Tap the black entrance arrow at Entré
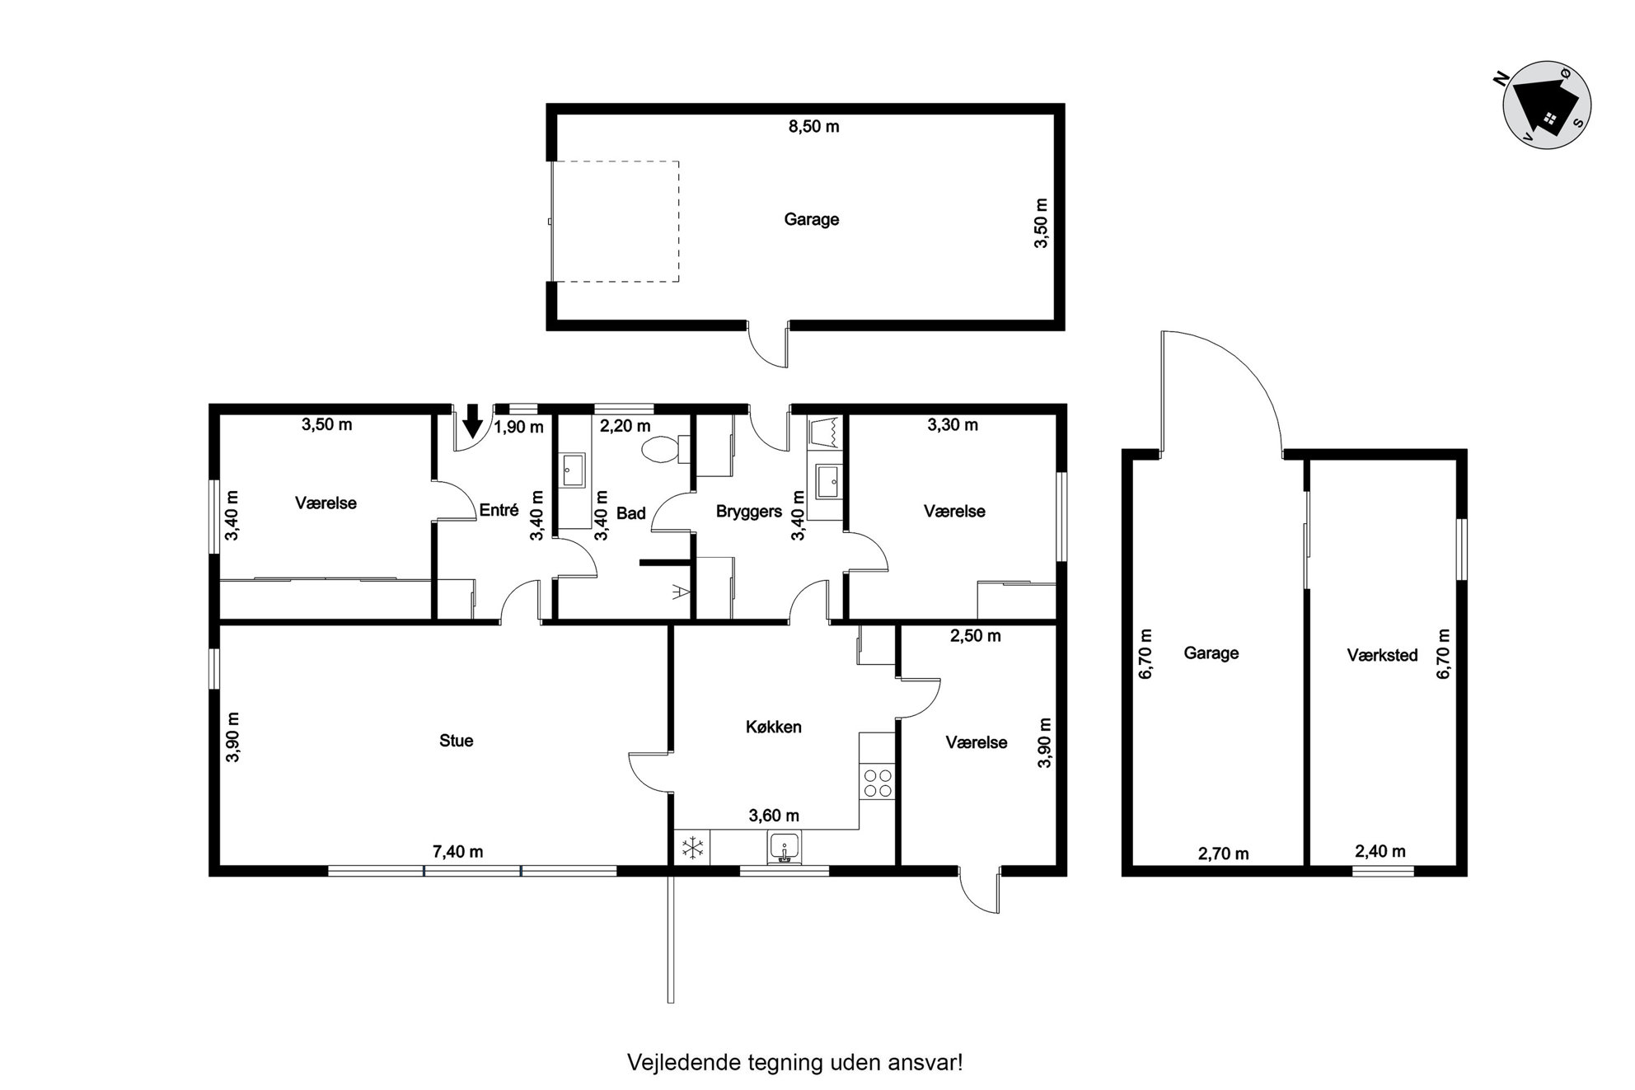pos(472,421)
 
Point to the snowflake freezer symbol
pos(692,848)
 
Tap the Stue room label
pos(456,741)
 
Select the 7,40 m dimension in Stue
pos(457,852)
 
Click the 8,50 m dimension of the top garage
pos(813,126)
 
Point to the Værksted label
pos(1382,655)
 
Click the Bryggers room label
pos(748,512)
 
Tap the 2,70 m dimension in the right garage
pos(1223,854)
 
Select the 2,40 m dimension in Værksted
pos(1380,851)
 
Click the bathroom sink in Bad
pos(573,471)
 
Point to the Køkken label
pos(773,727)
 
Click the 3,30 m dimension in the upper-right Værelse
pos(953,425)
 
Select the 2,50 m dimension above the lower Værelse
pos(975,636)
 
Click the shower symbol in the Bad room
pos(680,591)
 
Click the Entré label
pos(499,510)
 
